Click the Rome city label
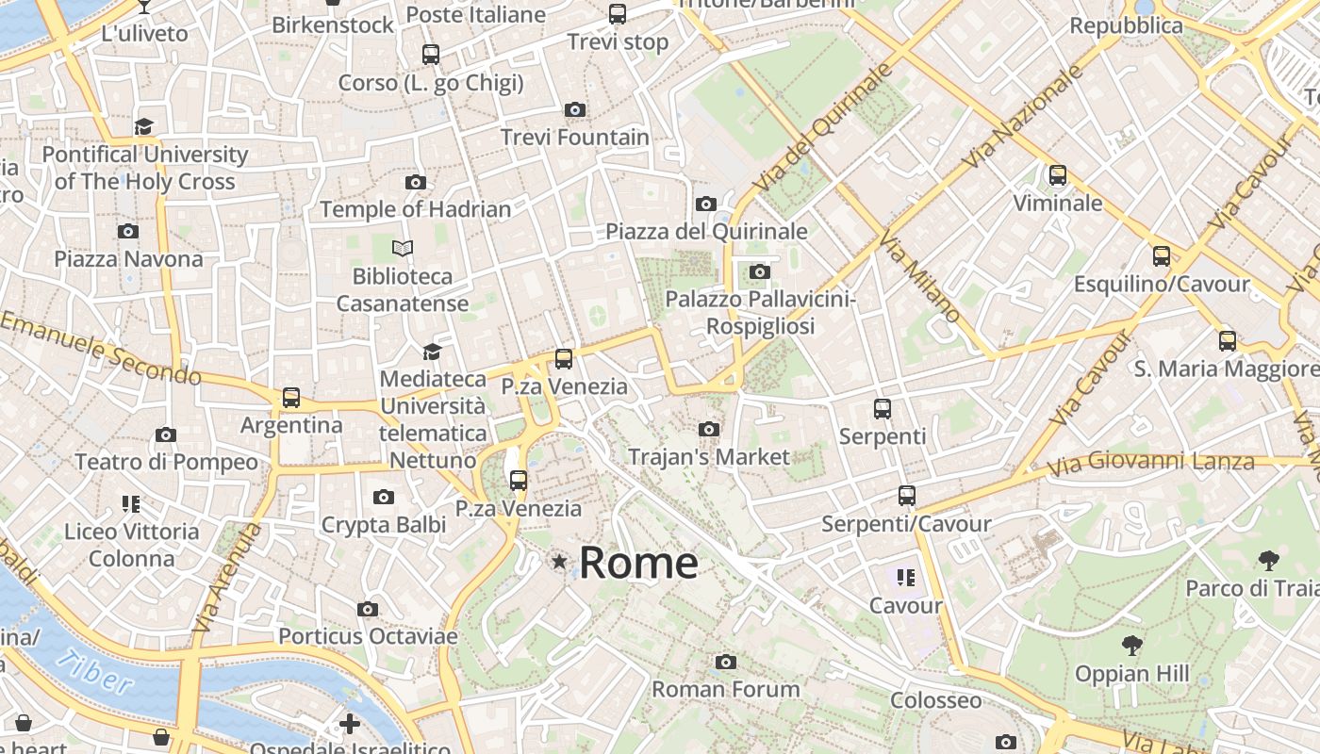point(638,563)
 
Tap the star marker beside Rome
point(560,563)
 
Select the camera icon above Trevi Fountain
point(575,110)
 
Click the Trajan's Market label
point(709,457)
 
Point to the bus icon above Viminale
point(1058,175)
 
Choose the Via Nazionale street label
point(1023,118)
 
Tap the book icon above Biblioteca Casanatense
point(403,249)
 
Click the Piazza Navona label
point(128,258)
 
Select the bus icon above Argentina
point(291,398)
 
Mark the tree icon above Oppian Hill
point(1132,646)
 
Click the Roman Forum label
point(726,689)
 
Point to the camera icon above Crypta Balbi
point(384,497)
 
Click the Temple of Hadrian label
point(416,209)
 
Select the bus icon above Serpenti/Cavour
point(907,496)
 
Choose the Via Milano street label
point(919,278)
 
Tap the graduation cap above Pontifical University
point(144,126)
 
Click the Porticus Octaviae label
point(368,636)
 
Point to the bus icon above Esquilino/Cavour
point(1162,256)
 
